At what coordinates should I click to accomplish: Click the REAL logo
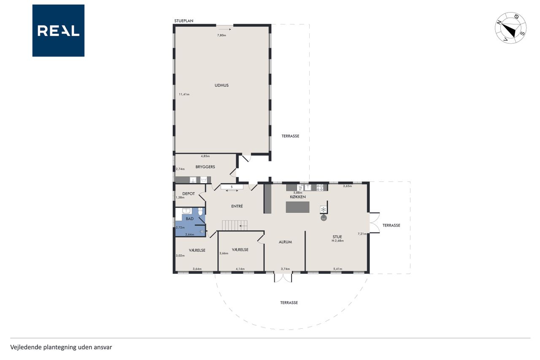[58, 31]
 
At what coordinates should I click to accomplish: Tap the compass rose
[510, 28]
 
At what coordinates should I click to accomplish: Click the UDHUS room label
[221, 85]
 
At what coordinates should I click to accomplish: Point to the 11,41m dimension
[184, 94]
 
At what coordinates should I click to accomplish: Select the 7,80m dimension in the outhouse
[221, 35]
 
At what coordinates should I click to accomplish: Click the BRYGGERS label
[205, 167]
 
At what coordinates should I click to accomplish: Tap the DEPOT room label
[189, 194]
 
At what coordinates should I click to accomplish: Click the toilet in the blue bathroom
[200, 211]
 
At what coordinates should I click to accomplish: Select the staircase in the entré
[235, 225]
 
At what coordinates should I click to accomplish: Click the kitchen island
[297, 207]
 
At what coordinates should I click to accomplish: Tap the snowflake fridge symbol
[323, 209]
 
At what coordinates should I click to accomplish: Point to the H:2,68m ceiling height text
[337, 241]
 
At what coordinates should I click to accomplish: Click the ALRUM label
[285, 242]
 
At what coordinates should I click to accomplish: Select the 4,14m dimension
[240, 269]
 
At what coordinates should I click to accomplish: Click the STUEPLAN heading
[184, 21]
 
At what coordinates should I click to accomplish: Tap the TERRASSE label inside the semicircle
[289, 303]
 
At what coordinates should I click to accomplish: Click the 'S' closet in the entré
[232, 187]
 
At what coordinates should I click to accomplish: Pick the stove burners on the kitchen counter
[320, 187]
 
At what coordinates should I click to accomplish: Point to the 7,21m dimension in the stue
[362, 234]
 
